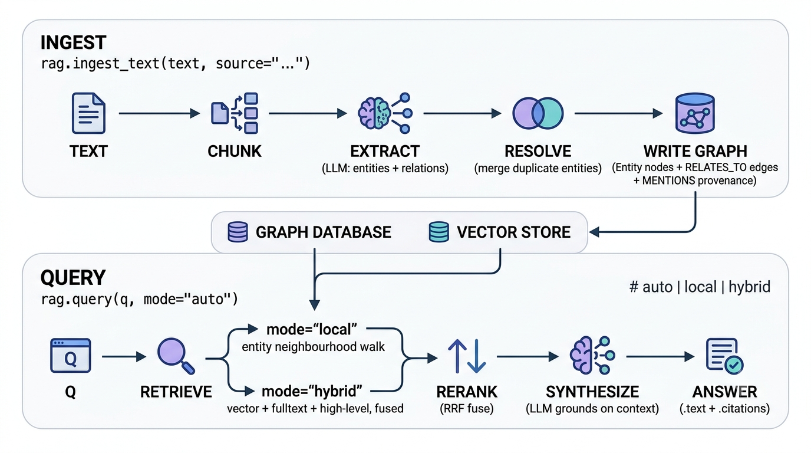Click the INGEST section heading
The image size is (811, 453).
coord(73,42)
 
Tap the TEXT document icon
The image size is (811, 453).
coord(88,113)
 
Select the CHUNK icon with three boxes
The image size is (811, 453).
coord(235,113)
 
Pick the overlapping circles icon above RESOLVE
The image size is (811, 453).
coord(538,113)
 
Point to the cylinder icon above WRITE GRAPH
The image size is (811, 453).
coord(695,113)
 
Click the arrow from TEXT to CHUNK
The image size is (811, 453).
coord(159,113)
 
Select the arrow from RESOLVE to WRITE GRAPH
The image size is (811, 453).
coord(618,113)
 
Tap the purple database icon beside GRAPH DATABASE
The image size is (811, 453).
coord(238,232)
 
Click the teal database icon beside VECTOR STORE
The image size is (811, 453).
coord(439,232)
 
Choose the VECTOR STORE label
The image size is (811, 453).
coord(513,232)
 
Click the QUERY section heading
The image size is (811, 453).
coord(72,278)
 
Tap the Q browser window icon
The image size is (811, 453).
coord(70,356)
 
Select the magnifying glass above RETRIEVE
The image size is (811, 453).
coord(176,356)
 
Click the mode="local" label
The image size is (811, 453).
coord(312,329)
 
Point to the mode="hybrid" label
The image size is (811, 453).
coord(312,392)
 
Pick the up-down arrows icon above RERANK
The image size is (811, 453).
coord(467,356)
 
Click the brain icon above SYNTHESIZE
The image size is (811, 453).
coord(592,356)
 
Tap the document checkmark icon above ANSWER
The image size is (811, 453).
coord(724,356)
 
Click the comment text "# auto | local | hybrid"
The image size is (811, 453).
coord(700,287)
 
